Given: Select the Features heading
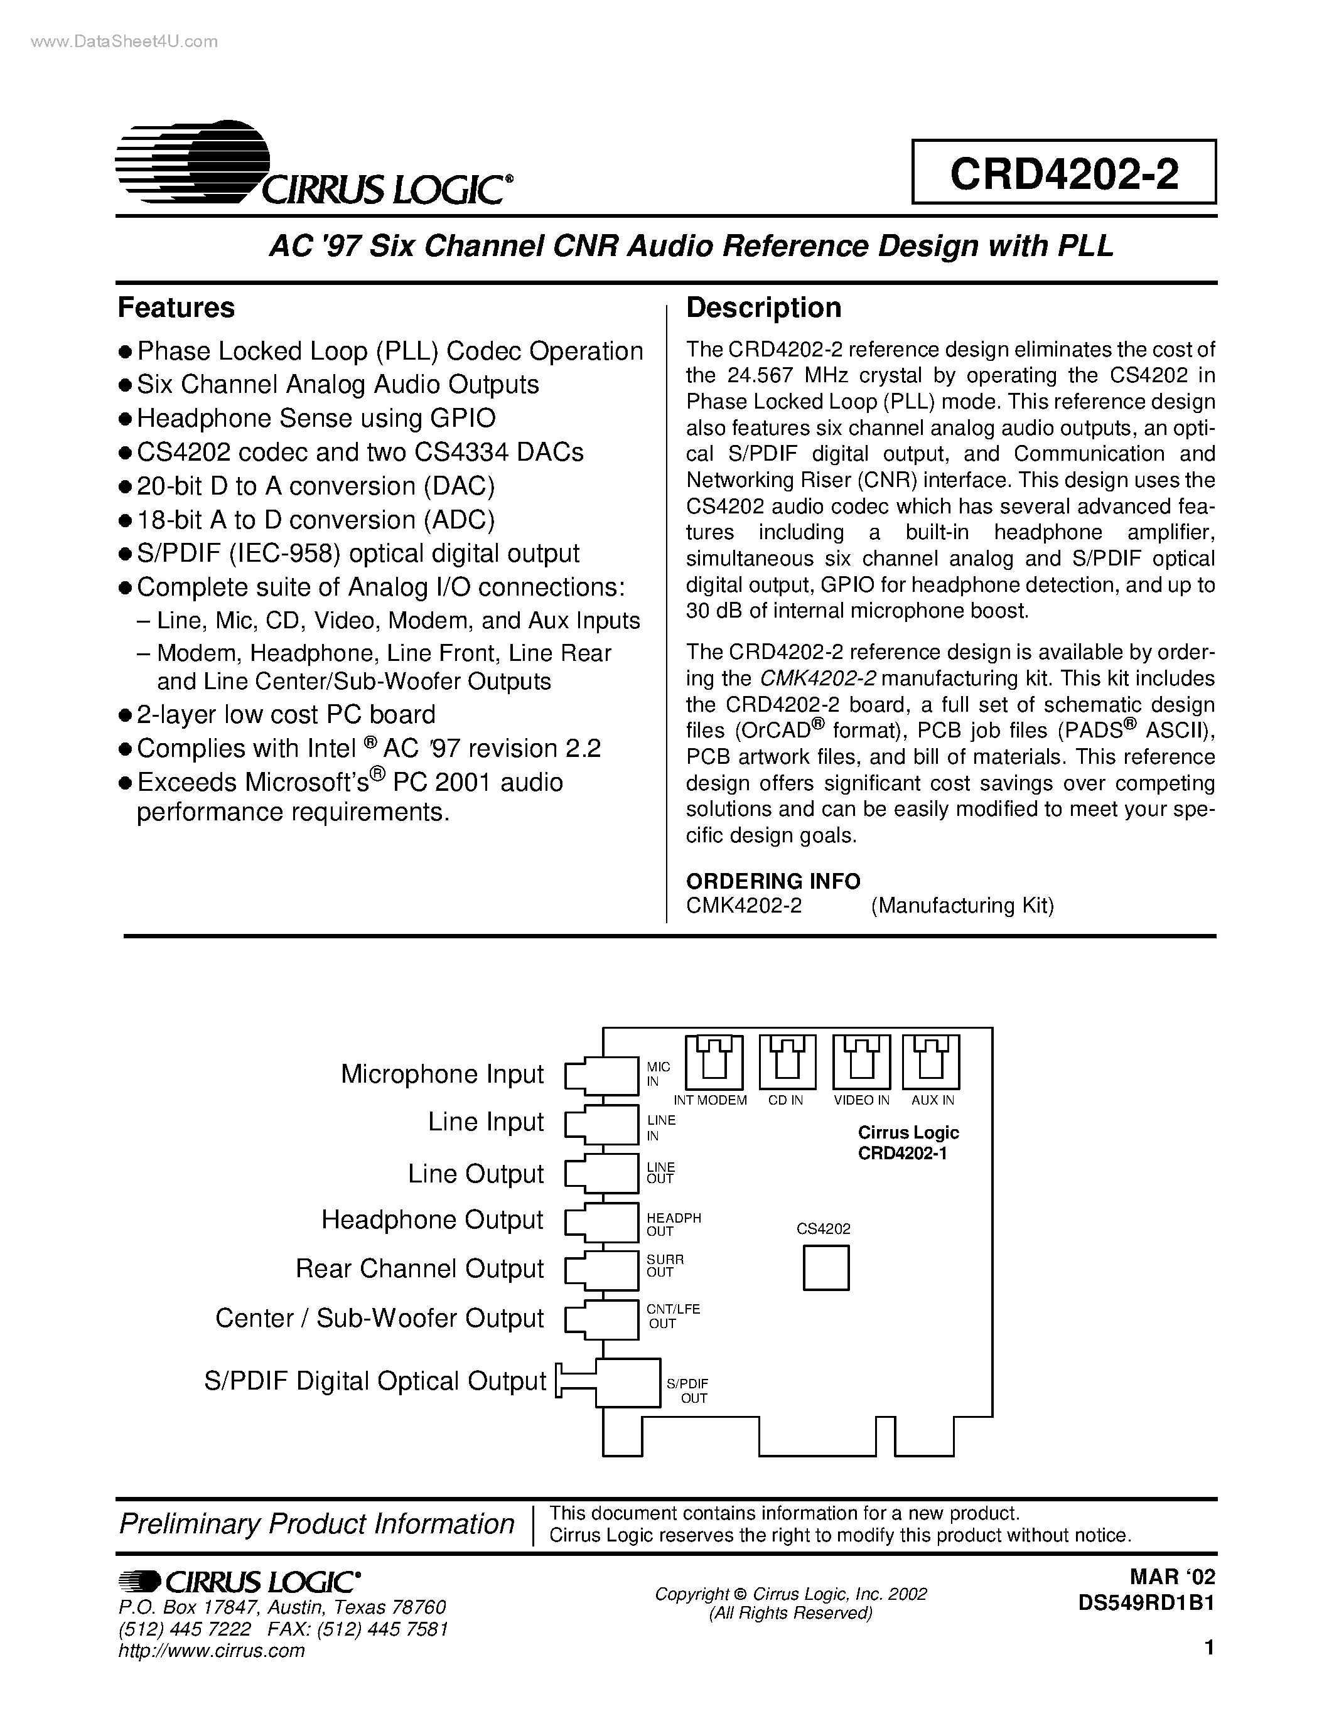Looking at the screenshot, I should point(176,308).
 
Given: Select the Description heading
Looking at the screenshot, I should point(763,308).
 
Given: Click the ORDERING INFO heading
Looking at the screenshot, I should point(773,881).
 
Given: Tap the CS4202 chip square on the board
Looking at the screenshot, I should point(826,1268).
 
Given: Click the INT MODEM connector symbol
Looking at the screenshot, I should point(714,1061).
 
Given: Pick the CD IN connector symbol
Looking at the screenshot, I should point(787,1061).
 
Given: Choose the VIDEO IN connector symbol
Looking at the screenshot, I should point(861,1061).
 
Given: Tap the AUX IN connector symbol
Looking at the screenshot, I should point(932,1061).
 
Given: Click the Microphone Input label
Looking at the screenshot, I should point(442,1074).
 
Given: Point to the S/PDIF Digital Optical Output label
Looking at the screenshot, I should point(375,1381).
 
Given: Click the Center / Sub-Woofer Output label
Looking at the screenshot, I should point(379,1318).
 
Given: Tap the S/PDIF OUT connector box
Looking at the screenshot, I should point(627,1382).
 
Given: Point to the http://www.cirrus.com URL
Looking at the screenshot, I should point(211,1650).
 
